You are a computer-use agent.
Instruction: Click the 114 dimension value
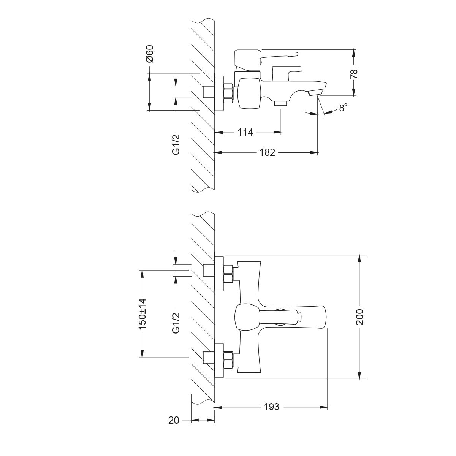(245, 132)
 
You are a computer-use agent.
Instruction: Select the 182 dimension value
(267, 152)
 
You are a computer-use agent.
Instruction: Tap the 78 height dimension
(354, 73)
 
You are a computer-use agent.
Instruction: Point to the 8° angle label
(343, 108)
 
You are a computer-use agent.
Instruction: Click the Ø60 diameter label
(149, 54)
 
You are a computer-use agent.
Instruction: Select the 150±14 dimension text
(142, 313)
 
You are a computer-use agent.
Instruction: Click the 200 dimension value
(359, 317)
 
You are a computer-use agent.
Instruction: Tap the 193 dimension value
(271, 407)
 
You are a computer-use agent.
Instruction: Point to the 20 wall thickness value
(174, 420)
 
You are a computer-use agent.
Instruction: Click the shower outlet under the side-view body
(281, 103)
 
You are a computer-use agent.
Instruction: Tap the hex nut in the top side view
(228, 93)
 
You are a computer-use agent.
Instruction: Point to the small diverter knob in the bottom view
(299, 316)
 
